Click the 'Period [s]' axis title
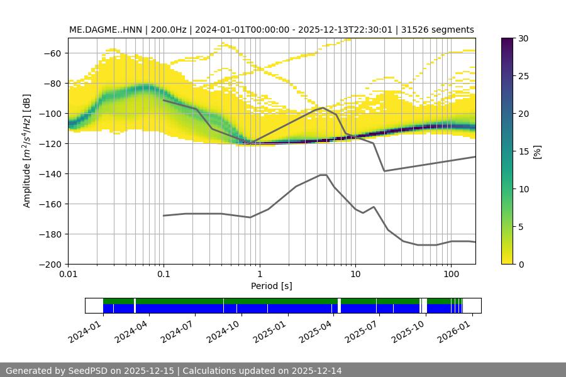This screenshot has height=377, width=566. [272, 287]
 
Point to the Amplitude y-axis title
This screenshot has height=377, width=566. [27, 151]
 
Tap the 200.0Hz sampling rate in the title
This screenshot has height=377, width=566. [168, 30]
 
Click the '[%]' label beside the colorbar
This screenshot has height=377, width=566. [536, 151]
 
